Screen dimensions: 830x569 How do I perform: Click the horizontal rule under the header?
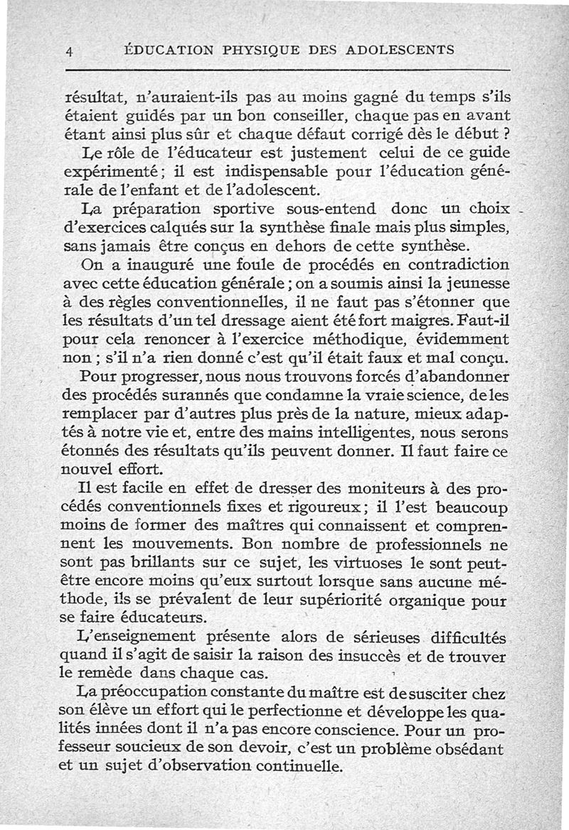(x=287, y=70)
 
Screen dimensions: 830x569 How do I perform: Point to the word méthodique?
(x=377, y=339)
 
